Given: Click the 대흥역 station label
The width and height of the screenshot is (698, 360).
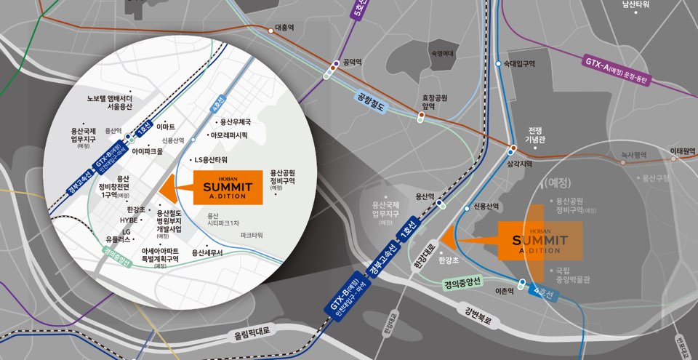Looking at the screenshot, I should pyautogui.click(x=284, y=28).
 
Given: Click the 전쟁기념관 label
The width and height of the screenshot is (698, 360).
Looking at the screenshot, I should pyautogui.click(x=536, y=135).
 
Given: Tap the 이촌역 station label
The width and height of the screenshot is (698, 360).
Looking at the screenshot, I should pyautogui.click(x=504, y=290).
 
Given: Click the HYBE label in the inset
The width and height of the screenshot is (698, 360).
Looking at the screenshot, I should pyautogui.click(x=129, y=220).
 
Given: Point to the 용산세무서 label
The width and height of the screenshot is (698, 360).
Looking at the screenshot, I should pyautogui.click(x=206, y=252).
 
